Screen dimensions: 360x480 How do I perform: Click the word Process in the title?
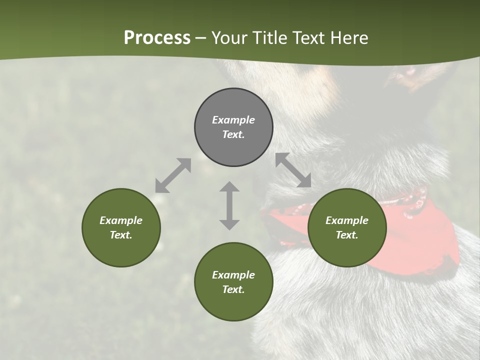[x=157, y=38]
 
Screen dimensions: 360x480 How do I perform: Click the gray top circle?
[x=233, y=127]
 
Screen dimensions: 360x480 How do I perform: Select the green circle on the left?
[x=121, y=227]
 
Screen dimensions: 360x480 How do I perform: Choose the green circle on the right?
[x=347, y=227]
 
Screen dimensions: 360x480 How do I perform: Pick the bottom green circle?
[x=233, y=281]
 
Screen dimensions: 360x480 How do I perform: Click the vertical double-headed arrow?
[x=229, y=205]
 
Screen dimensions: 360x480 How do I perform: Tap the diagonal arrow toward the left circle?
[x=173, y=175]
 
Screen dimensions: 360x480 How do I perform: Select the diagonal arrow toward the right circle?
[x=293, y=169]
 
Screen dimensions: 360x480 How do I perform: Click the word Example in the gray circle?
[x=233, y=120]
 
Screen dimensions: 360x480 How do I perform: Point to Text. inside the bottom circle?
[x=233, y=289]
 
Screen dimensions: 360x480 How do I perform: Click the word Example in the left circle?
[x=121, y=220]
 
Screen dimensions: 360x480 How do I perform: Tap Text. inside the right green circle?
[x=347, y=235]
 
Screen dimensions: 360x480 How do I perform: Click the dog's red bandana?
[x=430, y=240]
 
